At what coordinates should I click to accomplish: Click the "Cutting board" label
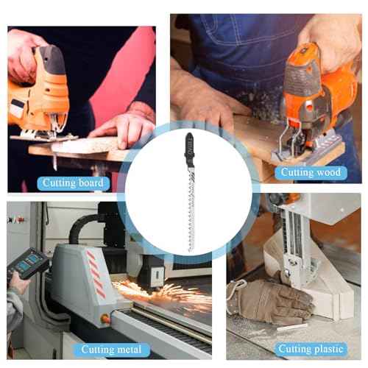coord(73,183)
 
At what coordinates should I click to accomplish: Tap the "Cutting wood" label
coord(311,172)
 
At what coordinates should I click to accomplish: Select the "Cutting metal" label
coord(111,350)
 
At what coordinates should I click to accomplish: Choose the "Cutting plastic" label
coord(311,349)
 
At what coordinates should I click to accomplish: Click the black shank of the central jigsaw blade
coord(190,149)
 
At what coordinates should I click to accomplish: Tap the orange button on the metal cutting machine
coord(105,319)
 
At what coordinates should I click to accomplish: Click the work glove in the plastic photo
coord(269,301)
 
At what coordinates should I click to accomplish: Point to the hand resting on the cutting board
coord(124,131)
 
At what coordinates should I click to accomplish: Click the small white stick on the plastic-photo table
coord(292,327)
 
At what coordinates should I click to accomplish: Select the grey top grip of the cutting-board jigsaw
coord(52,58)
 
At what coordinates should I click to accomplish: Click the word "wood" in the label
coord(328,172)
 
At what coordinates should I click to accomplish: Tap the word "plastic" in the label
coord(328,349)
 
